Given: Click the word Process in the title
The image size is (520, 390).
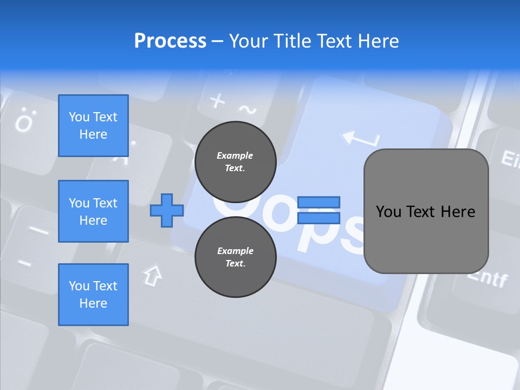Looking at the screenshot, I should pyautogui.click(x=170, y=41).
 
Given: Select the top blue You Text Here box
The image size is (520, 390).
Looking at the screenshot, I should pyautogui.click(x=93, y=126).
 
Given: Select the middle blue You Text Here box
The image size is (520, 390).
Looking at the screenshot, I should pyautogui.click(x=93, y=211).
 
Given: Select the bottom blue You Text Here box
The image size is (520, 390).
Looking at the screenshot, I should pyautogui.click(x=93, y=295).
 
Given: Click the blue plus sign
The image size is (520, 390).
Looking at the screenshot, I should pyautogui.click(x=167, y=210).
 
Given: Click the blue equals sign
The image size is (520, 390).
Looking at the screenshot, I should pyautogui.click(x=318, y=210).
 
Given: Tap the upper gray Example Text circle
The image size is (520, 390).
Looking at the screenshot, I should pyautogui.click(x=235, y=161).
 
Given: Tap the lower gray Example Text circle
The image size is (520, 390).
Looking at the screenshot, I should pyautogui.click(x=235, y=257).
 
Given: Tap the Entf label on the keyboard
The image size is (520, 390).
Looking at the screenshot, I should pyautogui.click(x=487, y=279).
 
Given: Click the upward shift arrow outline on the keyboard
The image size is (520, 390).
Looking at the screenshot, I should pyautogui.click(x=153, y=275).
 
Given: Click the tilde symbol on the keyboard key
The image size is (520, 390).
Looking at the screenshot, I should pyautogui.click(x=248, y=110).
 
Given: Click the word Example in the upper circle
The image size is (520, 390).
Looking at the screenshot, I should pyautogui.click(x=235, y=155).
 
